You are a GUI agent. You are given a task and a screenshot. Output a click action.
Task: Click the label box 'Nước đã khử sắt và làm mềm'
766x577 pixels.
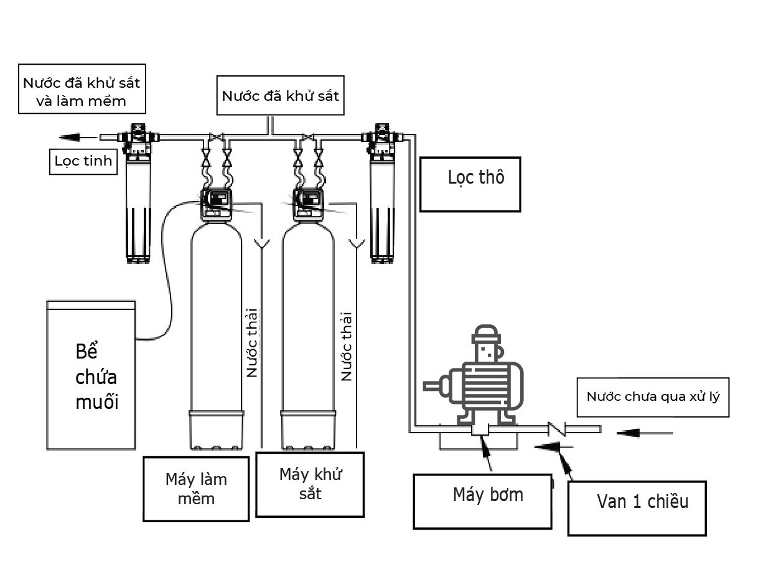click(82, 89)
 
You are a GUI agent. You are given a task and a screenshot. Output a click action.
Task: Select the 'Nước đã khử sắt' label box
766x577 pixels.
click(280, 96)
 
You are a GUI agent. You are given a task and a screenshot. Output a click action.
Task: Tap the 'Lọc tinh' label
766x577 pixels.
click(83, 161)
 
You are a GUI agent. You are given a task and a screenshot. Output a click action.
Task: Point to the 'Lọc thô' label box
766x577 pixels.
click(470, 184)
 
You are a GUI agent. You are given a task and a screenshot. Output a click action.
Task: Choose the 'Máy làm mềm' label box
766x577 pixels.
click(196, 489)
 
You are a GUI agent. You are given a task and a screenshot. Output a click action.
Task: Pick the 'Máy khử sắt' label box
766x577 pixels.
click(310, 484)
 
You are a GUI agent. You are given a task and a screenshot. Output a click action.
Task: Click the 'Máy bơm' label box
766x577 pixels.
click(482, 502)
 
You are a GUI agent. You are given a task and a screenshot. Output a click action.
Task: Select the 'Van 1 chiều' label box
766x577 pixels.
click(637, 508)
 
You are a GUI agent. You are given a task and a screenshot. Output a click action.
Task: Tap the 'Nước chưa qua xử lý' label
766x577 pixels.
click(653, 396)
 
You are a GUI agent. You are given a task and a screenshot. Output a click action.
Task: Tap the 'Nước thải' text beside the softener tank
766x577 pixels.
click(252, 342)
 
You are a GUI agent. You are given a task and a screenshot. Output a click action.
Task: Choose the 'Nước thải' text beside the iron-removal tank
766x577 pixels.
click(347, 345)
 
